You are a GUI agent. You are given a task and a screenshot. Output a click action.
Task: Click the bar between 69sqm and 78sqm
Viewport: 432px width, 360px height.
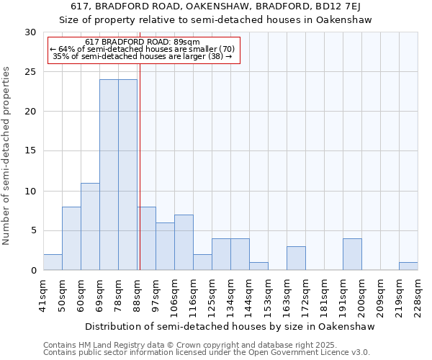109,175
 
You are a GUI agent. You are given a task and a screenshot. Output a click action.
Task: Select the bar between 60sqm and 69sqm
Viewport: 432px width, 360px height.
90,227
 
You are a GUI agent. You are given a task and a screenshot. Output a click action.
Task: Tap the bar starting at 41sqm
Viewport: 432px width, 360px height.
53,262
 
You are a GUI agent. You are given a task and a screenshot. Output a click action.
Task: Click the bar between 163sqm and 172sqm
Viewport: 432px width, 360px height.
296,258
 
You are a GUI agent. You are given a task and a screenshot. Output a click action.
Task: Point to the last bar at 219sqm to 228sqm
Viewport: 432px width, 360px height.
408,266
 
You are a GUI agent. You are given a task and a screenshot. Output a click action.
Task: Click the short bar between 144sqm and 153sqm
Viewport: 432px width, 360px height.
258,266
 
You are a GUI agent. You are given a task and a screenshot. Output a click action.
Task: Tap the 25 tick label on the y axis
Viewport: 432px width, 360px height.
30,72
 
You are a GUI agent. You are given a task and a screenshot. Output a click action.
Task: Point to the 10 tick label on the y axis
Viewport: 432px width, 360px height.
30,191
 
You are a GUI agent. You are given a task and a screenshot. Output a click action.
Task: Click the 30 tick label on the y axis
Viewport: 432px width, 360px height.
30,32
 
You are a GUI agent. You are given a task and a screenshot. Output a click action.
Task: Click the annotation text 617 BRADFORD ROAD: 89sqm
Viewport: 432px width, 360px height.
142,42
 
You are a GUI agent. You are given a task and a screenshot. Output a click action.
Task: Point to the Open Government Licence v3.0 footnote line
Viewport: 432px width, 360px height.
207,353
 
